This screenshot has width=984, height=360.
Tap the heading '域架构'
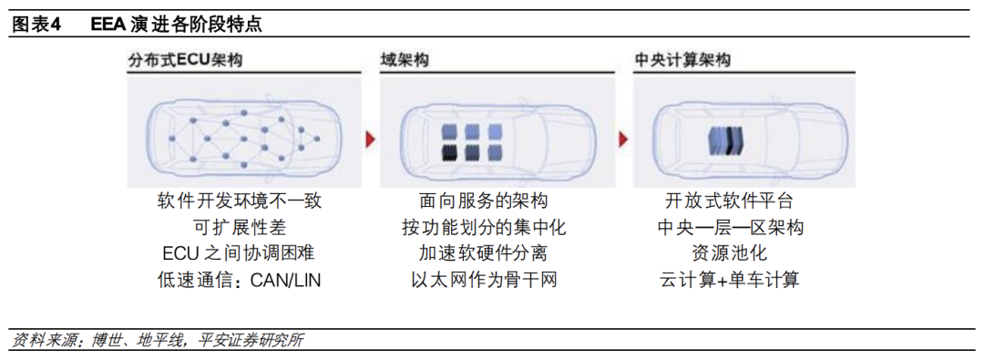coord(405,61)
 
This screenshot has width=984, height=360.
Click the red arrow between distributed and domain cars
coord(370,139)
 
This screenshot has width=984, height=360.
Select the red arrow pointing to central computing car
coord(623,139)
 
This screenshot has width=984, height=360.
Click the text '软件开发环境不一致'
coord(240,201)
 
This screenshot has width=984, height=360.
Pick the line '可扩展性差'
coord(240,227)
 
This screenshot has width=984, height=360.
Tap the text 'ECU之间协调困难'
coord(240,253)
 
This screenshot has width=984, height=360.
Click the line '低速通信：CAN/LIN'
coord(240,280)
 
